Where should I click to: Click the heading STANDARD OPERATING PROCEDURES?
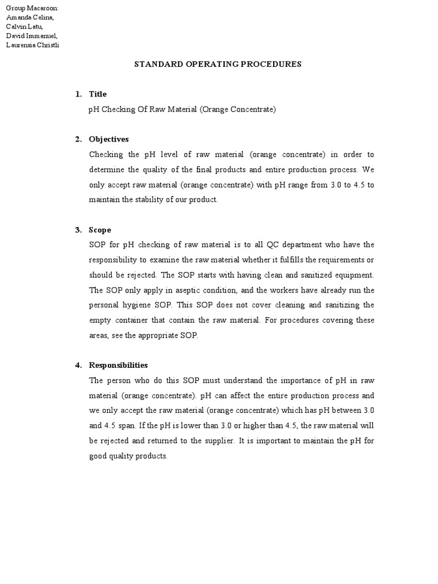tap(217, 64)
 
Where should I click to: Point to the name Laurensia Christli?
tap(32, 45)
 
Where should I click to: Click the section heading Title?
tap(98, 94)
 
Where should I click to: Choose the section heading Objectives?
tap(108, 139)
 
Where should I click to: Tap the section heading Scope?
tap(100, 230)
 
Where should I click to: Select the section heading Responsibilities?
tap(118, 365)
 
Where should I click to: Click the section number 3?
tap(78, 230)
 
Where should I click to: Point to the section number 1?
tap(78, 94)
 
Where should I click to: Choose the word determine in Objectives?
tap(107, 169)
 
